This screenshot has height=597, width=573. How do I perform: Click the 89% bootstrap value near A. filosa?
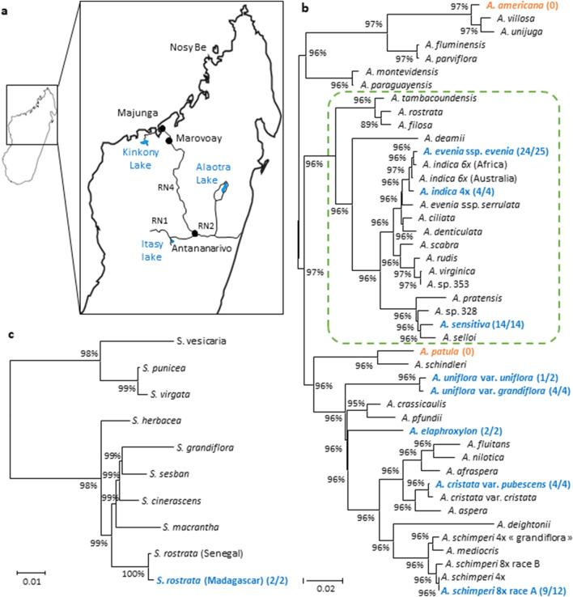coord(367,124)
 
